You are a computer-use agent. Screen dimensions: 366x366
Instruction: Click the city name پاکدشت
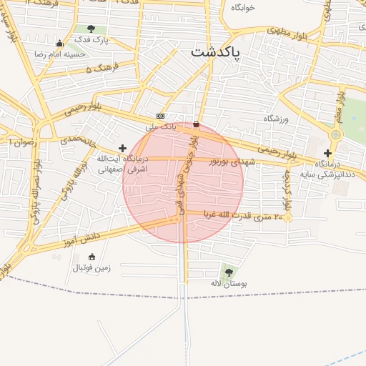point(216,53)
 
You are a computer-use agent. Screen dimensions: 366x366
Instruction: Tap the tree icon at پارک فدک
point(91,29)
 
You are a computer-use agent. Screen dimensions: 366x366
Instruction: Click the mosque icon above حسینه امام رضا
point(59,42)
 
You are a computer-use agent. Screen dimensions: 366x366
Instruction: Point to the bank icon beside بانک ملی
point(159,116)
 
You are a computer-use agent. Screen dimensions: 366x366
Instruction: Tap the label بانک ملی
point(160,126)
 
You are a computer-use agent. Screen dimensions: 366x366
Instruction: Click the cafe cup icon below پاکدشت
point(197,123)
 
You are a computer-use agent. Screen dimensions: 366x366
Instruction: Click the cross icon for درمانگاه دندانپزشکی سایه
point(327,153)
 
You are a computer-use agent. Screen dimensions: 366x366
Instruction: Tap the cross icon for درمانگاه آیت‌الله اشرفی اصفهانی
point(123,148)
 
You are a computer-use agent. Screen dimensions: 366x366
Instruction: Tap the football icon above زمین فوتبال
point(91,257)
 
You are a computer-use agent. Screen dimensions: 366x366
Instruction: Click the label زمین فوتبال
point(91,268)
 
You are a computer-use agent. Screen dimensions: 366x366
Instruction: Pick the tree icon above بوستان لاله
point(228,272)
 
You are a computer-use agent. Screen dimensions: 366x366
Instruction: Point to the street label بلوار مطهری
point(286,32)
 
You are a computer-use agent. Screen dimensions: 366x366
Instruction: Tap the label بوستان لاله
point(229,284)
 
